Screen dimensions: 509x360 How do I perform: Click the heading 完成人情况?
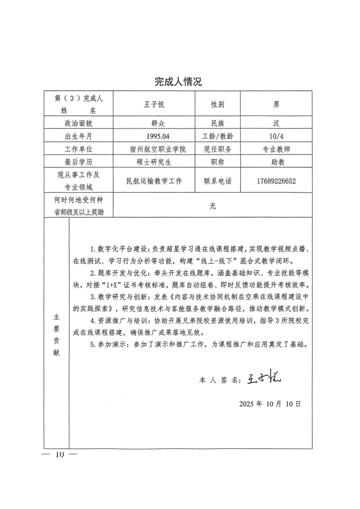(x=178, y=82)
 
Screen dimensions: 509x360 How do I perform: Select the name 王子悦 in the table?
(x=153, y=104)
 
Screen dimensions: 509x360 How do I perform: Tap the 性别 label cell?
(x=217, y=104)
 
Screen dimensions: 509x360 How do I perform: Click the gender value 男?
(x=276, y=104)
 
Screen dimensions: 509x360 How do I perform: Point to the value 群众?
(x=153, y=123)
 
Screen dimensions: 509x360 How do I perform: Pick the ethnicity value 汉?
(x=276, y=123)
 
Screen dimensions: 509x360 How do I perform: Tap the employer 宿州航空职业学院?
(x=153, y=149)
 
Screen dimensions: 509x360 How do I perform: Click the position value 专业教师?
(x=276, y=149)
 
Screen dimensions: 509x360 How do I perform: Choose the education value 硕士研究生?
(x=153, y=162)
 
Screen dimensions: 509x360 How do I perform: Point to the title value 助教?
(x=276, y=162)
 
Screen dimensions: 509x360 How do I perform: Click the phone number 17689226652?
(x=276, y=181)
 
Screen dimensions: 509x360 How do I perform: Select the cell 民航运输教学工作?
(x=153, y=181)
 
